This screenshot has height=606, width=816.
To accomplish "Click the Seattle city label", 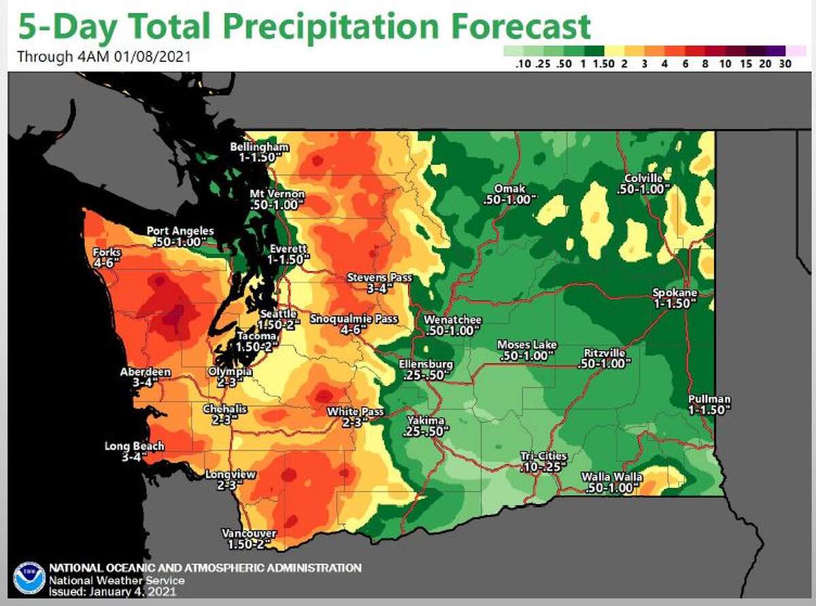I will [x=279, y=314].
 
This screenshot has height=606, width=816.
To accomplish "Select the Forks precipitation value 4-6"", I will [x=105, y=264].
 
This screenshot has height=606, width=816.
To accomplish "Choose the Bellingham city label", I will [x=260, y=147].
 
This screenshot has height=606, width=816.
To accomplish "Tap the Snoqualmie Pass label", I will [x=353, y=319].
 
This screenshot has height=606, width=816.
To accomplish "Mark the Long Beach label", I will [x=134, y=446].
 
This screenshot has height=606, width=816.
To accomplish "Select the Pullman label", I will [x=709, y=399].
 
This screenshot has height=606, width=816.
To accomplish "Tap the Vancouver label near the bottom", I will [x=250, y=533].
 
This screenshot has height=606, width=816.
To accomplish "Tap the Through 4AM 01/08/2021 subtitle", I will [x=104, y=56].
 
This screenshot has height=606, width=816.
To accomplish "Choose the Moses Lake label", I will [x=527, y=344].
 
